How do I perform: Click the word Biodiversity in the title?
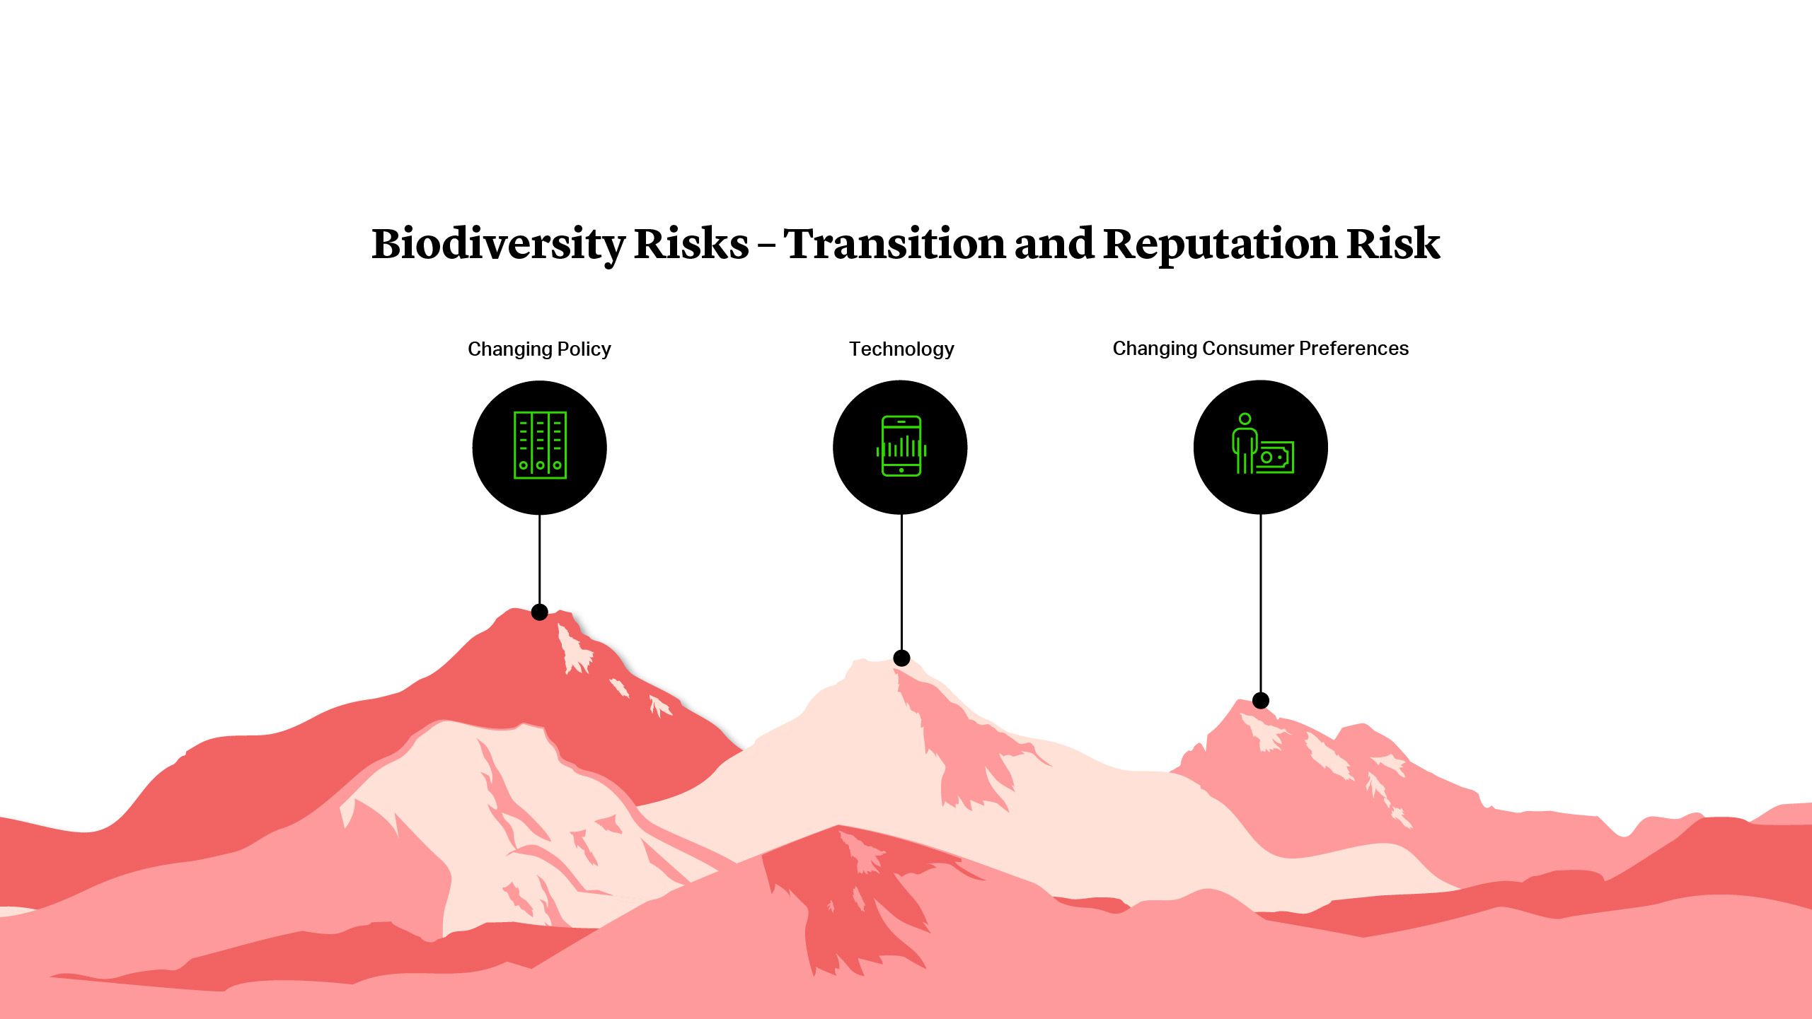click(497, 244)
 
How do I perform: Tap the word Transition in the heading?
click(894, 244)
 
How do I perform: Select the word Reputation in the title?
click(1219, 244)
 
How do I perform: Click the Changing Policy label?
click(539, 349)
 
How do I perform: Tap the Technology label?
click(901, 349)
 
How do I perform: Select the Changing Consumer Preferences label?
click(1260, 349)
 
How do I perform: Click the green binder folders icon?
click(540, 446)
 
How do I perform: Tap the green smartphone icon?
click(901, 446)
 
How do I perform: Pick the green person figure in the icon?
click(1244, 443)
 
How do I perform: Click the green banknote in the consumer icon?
click(1276, 458)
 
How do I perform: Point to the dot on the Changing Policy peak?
click(540, 612)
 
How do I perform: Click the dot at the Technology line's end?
click(901, 658)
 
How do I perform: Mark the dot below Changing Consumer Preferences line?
click(1260, 701)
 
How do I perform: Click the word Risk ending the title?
click(1392, 244)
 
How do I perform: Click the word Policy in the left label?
click(584, 349)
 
